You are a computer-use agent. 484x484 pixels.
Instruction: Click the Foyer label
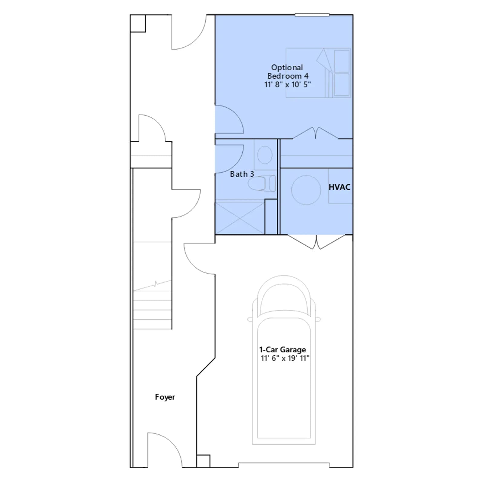point(165,397)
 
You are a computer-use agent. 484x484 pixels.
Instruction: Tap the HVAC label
point(339,187)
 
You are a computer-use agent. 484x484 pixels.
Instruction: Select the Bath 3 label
point(242,174)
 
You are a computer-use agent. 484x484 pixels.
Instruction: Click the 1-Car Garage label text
point(283,350)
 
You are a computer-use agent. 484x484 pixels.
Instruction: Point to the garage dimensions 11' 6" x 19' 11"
point(285,358)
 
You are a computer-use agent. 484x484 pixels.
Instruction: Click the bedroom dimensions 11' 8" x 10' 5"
point(288,84)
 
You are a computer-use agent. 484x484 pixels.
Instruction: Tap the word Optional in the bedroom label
point(287,67)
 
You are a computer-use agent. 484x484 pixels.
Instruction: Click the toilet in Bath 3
point(262,183)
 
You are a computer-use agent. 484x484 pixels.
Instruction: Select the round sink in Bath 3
point(265,155)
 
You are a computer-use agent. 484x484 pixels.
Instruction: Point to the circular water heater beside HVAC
point(306,190)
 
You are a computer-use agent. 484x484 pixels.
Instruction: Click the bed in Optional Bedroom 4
point(318,73)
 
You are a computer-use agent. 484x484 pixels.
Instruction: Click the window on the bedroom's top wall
point(312,15)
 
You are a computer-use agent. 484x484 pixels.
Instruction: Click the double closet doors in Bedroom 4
point(316,133)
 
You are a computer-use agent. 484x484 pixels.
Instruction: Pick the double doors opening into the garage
point(316,242)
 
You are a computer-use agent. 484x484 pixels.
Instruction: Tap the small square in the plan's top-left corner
point(138,23)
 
